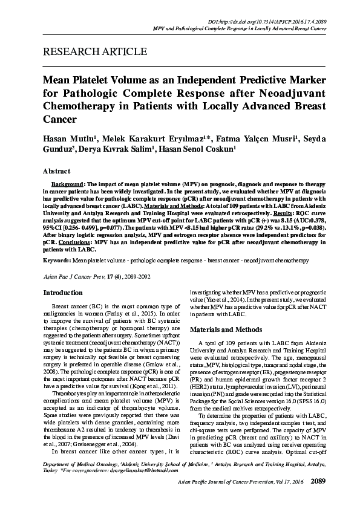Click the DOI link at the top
coord(285,21)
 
